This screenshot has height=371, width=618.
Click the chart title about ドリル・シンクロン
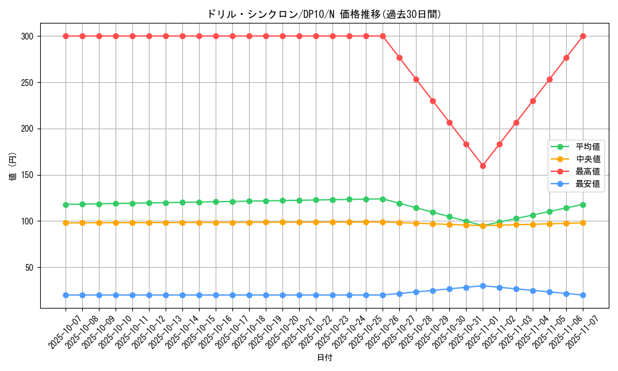point(324,14)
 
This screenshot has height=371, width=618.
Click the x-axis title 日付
point(324,358)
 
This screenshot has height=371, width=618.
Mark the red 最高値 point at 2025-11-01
point(483,166)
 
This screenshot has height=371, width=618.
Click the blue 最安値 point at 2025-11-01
point(483,286)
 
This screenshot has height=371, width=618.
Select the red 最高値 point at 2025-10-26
point(383,36)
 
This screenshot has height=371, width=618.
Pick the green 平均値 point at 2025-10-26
point(383,199)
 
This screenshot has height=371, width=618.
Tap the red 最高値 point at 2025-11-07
point(583,36)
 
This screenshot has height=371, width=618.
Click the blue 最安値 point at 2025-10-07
point(66,295)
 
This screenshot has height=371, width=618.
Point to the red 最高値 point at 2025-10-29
point(433,101)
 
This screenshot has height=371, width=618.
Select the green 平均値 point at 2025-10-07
point(66,205)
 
